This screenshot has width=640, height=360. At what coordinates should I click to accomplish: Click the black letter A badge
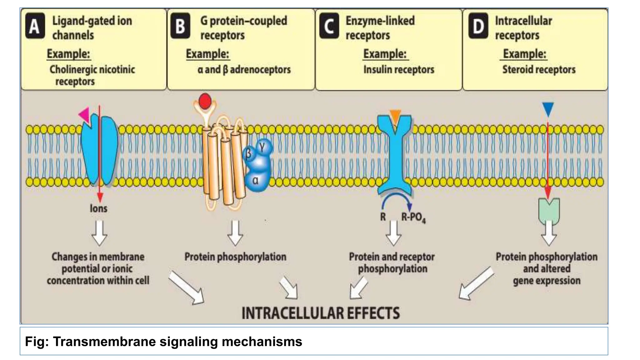point(35,26)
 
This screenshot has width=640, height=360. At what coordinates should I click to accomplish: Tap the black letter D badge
point(478,26)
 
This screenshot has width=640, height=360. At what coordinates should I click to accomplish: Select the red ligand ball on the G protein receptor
point(205,101)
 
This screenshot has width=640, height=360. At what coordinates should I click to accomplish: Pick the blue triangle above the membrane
point(548,109)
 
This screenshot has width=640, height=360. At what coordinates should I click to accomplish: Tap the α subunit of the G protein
point(256,181)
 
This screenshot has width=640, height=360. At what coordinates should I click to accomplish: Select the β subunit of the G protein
point(248,154)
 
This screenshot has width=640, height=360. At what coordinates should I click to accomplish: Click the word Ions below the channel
point(98,208)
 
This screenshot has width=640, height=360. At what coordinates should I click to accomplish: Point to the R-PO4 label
point(413,217)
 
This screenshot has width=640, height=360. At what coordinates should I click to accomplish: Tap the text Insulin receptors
point(399,69)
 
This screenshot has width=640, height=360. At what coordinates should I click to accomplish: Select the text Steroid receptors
point(539,69)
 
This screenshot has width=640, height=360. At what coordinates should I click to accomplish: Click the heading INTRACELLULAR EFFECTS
point(321,313)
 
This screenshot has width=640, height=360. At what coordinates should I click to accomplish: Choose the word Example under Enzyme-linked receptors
point(385,54)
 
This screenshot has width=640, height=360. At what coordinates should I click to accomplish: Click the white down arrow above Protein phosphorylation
point(235,233)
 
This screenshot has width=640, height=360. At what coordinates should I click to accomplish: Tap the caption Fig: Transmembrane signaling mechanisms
point(163,342)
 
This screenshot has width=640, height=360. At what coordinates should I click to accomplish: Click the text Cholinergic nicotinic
point(92,69)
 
